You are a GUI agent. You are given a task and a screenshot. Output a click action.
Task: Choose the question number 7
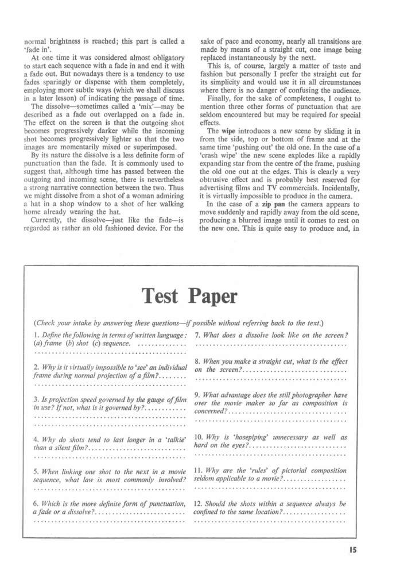coord(197,335)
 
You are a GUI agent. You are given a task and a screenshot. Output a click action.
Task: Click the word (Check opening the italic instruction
coord(48,321)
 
